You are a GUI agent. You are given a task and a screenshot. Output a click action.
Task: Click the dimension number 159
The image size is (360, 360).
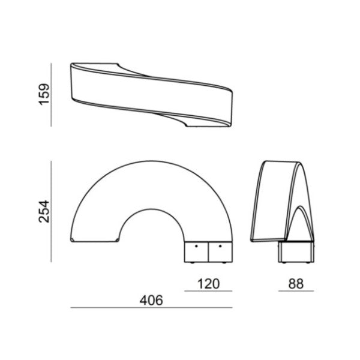tap(44, 95)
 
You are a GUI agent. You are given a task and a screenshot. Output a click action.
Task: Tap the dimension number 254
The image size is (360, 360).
tap(44, 211)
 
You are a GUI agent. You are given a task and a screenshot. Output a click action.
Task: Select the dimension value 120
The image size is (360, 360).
tap(208, 284)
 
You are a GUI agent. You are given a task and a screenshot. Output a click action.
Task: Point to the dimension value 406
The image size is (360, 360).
tap(151, 301)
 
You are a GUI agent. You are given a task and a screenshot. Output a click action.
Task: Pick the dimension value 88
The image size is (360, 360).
tap(296, 284)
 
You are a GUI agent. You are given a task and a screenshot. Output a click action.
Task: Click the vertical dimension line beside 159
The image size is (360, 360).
tap(51, 95)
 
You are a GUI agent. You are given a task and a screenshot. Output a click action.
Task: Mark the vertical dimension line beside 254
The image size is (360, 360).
tap(51, 211)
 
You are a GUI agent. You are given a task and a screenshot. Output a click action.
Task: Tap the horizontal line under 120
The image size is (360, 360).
tap(208, 291)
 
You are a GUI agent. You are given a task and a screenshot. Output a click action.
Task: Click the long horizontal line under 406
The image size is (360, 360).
tap(152, 308)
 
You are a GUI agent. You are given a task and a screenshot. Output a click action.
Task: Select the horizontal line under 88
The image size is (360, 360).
tap(296, 291)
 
